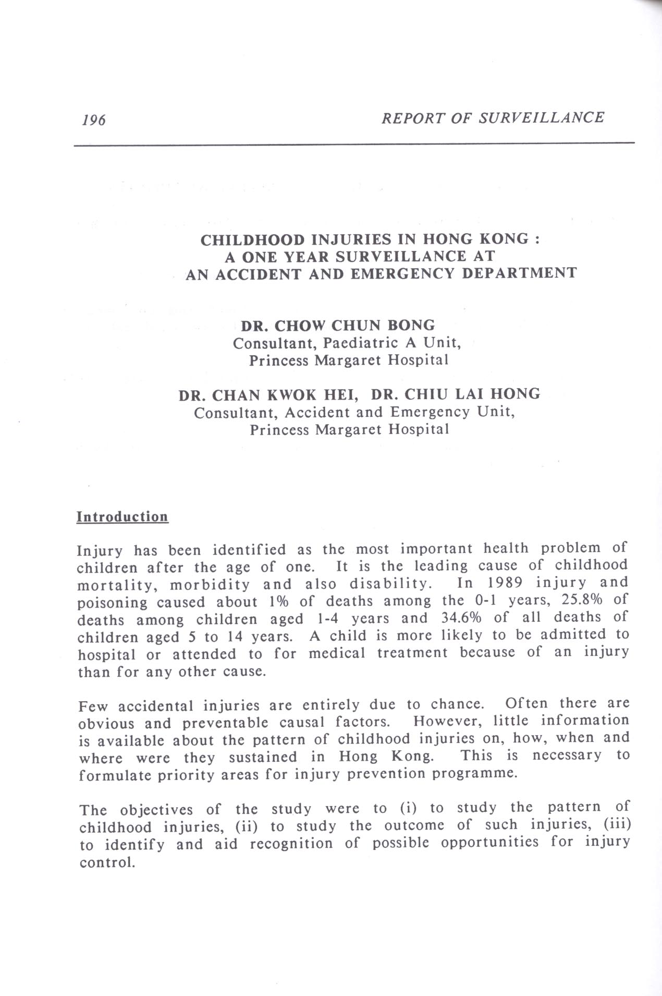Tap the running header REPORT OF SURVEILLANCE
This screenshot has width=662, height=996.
click(493, 117)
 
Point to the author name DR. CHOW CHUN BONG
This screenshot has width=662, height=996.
click(337, 326)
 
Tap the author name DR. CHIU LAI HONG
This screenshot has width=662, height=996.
click(456, 394)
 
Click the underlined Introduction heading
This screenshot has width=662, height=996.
click(122, 517)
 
